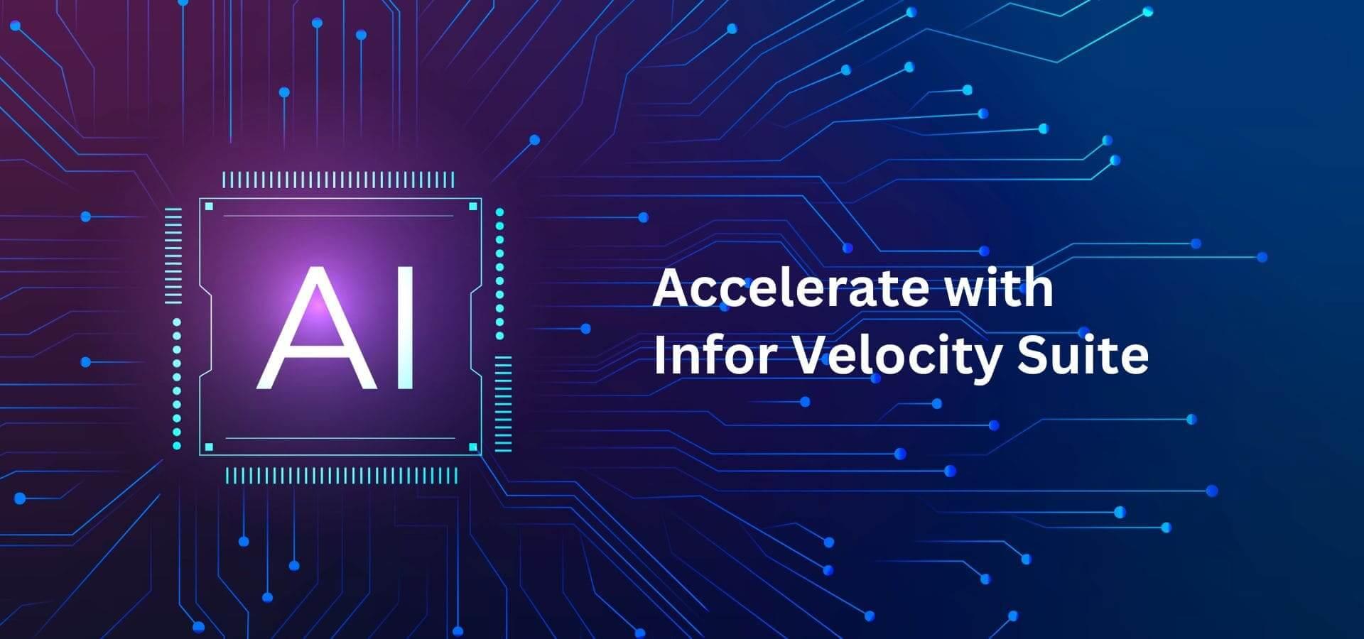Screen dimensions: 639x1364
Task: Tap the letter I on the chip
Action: pos(406,329)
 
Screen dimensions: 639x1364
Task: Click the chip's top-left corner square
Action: pos(209,207)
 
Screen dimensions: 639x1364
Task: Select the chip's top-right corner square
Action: pos(473,207)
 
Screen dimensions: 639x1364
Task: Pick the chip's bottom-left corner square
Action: pos(209,447)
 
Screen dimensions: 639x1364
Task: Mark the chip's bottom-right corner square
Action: pos(473,447)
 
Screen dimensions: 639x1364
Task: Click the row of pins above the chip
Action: pos(338,180)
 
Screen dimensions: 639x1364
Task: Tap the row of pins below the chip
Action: pos(342,476)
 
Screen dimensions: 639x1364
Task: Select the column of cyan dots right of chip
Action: pos(500,273)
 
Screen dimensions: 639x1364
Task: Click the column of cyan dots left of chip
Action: pos(177,383)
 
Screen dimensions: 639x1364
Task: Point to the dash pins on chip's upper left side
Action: pos(173,256)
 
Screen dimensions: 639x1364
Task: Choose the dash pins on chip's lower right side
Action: pos(503,404)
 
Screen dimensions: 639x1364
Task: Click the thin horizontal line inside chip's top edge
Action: pos(338,215)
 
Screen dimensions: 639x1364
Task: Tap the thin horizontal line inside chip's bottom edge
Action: pos(340,438)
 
